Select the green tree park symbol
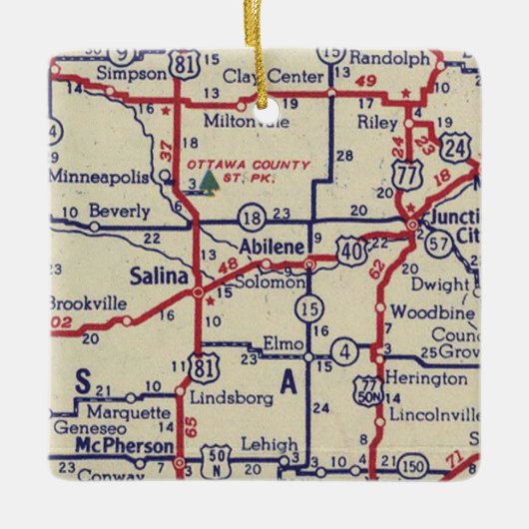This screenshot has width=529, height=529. pyautogui.click(x=208, y=181)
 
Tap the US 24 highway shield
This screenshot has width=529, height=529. pyautogui.click(x=456, y=148)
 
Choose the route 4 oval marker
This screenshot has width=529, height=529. pyautogui.click(x=344, y=350)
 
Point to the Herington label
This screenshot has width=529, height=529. pyautogui.click(x=427, y=379)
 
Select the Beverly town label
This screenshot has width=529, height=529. pyautogui.click(x=118, y=211)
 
